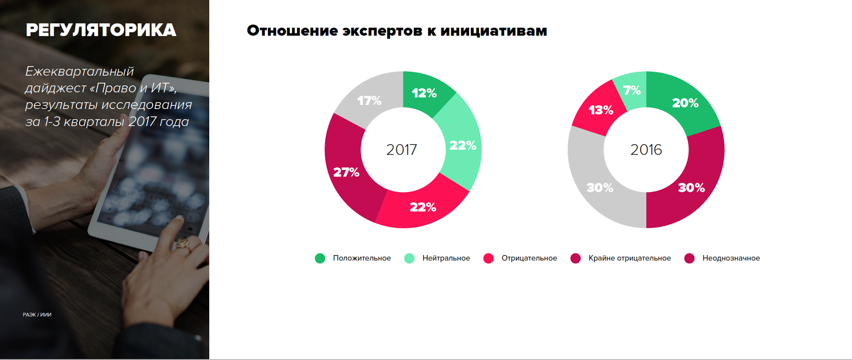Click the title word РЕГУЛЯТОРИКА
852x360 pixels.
tap(101, 30)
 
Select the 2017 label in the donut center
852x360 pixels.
tap(402, 150)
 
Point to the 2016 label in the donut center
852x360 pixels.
tap(646, 150)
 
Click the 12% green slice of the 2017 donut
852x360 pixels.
tap(424, 93)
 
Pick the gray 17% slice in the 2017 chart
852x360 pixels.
tap(369, 101)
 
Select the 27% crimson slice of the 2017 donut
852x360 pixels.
tap(346, 172)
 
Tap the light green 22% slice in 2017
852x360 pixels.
tap(462, 145)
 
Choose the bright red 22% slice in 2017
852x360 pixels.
tap(423, 207)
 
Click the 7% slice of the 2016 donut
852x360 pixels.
tap(632, 91)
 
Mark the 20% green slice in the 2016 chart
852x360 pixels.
tap(685, 103)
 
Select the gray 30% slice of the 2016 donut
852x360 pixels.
tap(600, 187)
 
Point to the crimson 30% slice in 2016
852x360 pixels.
tap(691, 187)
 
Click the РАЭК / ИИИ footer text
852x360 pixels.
tap(37, 315)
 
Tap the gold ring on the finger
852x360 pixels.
tap(183, 244)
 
